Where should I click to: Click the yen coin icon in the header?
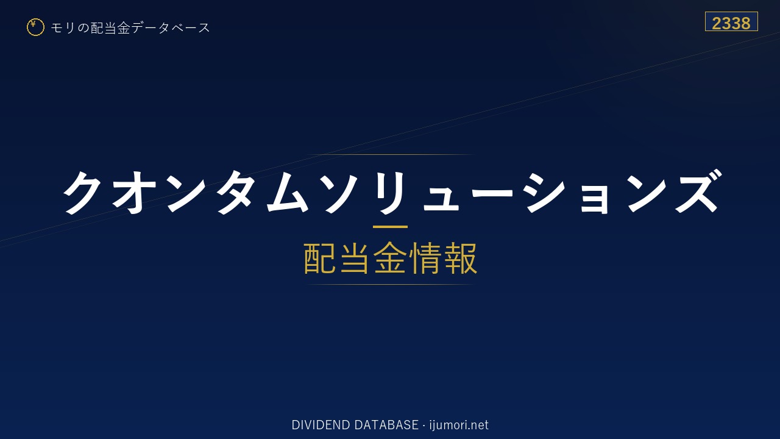coord(35,27)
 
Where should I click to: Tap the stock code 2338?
coord(731,23)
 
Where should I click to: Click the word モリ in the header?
coord(63,27)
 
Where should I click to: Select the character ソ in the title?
coord(341,192)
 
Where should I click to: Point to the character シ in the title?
coord(545,192)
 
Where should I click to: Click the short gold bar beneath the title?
coord(390,227)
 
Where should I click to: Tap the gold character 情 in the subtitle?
coord(425,258)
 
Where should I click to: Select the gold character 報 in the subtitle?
coord(460,258)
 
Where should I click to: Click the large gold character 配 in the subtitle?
coord(320,258)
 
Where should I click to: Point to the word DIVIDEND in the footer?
coord(321,425)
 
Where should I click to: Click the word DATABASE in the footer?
coord(386,425)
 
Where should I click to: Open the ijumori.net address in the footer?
coord(459,426)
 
